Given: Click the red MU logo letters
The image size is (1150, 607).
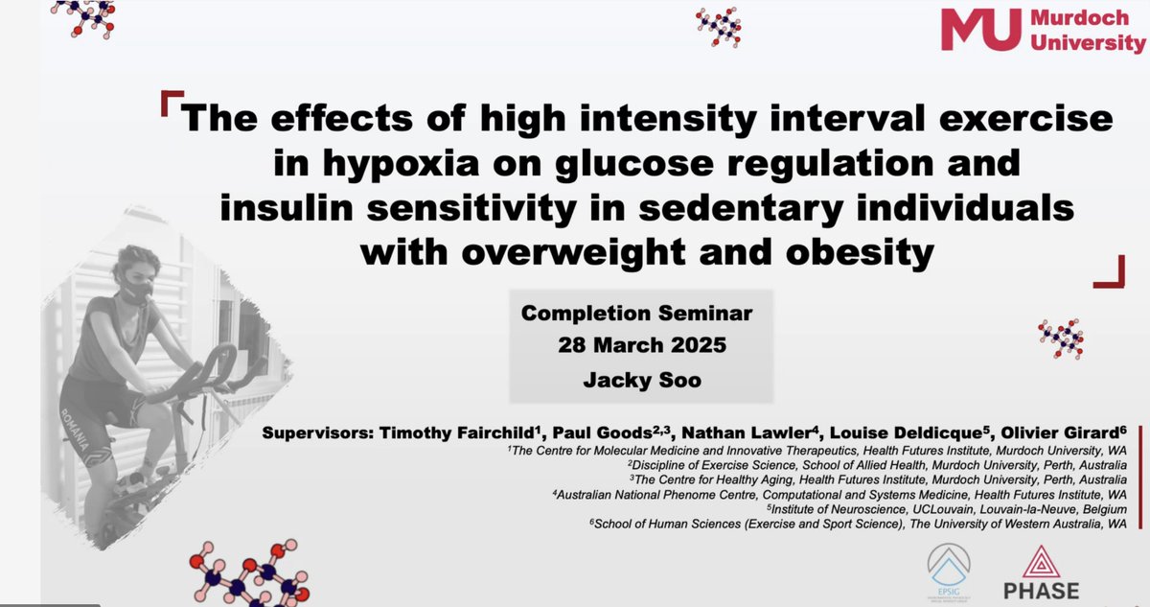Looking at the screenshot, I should pos(988,29).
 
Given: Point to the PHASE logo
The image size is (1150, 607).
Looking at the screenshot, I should pos(1042,573).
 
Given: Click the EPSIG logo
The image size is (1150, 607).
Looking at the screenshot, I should pos(952,573).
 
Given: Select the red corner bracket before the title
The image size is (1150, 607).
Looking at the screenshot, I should pos(171,101).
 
